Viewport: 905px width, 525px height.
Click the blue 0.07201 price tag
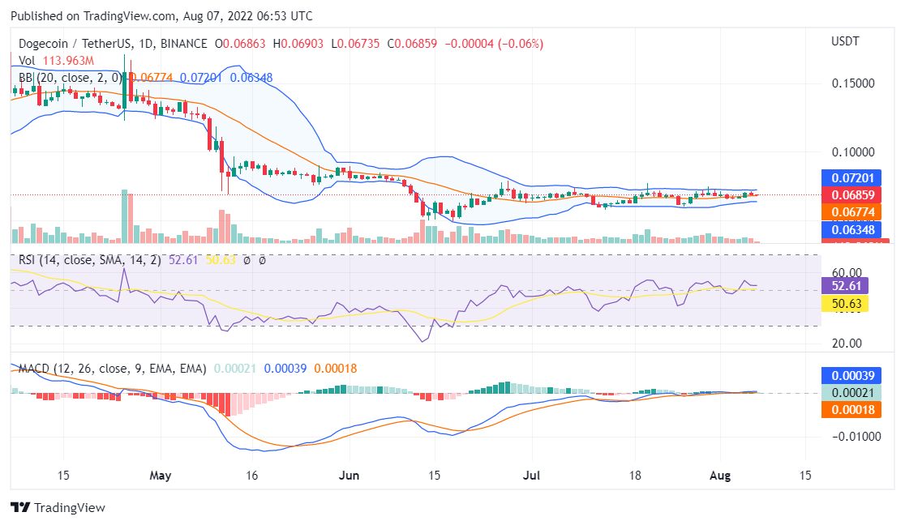click(846, 177)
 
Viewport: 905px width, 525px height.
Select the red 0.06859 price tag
click(846, 195)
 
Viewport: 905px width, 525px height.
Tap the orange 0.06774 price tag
click(846, 212)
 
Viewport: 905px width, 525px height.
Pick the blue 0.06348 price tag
click(846, 229)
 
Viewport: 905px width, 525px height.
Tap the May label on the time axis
click(161, 475)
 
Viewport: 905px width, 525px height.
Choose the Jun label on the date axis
click(349, 475)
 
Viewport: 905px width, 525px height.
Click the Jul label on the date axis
click(533, 475)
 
